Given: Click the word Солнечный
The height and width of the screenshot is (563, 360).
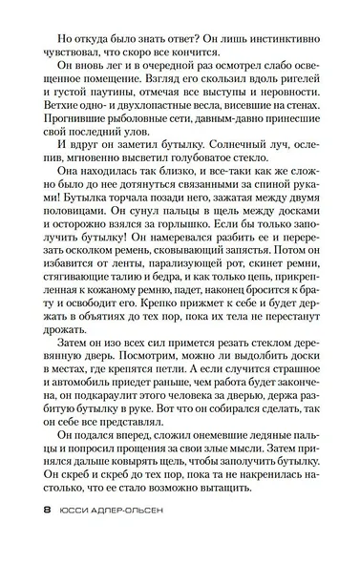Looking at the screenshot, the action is coord(229,175).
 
